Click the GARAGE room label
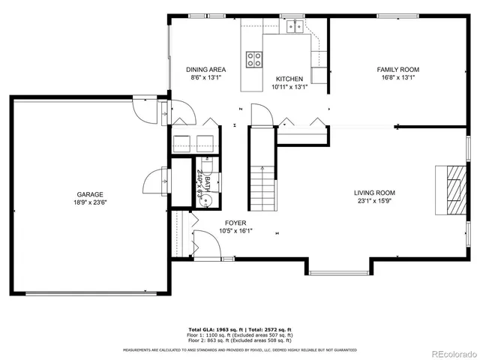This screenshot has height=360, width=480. (89, 194)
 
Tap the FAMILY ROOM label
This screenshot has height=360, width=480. (397, 70)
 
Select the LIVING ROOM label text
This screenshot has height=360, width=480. (374, 192)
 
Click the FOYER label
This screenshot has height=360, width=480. (235, 223)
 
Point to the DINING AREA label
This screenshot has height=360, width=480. (206, 70)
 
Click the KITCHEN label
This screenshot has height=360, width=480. (289, 79)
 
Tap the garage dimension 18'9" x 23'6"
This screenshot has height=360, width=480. (89, 202)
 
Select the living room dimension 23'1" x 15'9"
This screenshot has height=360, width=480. (374, 200)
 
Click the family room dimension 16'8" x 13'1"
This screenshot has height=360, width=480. (397, 77)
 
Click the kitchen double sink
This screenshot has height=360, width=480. (292, 28)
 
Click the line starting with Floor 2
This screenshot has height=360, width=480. (240, 341)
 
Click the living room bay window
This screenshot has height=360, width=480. (337, 271)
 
